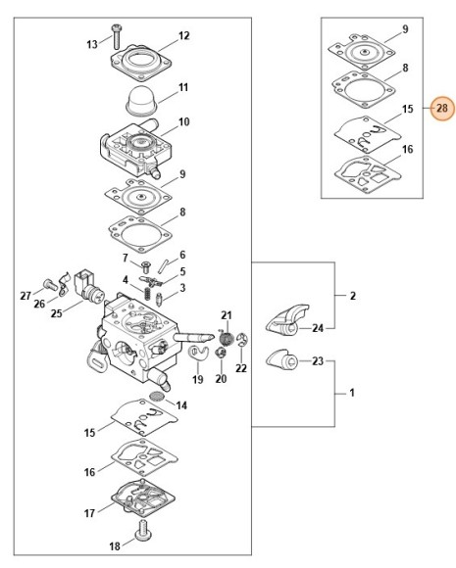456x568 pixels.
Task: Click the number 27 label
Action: pyautogui.click(x=25, y=294)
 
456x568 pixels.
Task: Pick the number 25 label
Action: pyautogui.click(x=57, y=313)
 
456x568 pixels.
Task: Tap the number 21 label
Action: pyautogui.click(x=226, y=314)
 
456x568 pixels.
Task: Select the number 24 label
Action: pyautogui.click(x=318, y=328)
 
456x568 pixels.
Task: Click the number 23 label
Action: pyautogui.click(x=318, y=361)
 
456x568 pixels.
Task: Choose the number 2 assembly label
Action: pyautogui.click(x=353, y=293)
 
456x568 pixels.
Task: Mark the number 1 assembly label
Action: pyautogui.click(x=353, y=393)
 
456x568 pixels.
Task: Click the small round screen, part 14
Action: pyautogui.click(x=153, y=397)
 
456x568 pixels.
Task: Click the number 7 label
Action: pyautogui.click(x=126, y=258)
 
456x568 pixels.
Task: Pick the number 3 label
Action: pyautogui.click(x=182, y=287)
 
